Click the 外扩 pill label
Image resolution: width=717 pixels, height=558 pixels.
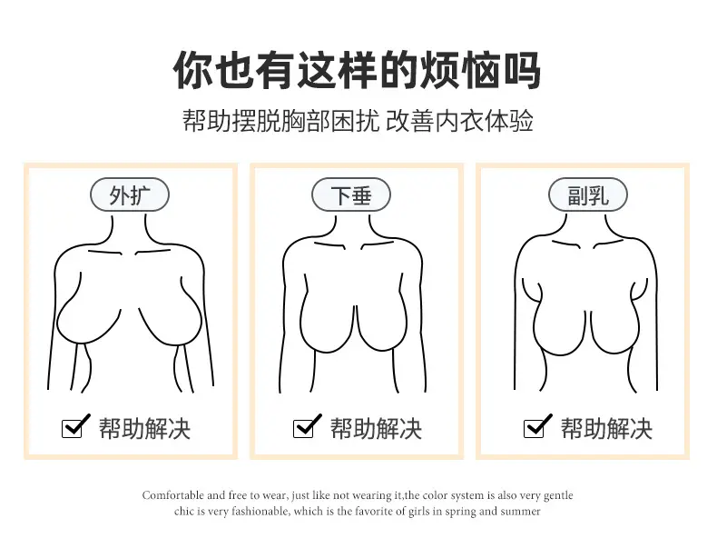[130, 194]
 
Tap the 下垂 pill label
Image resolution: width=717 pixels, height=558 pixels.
[351, 194]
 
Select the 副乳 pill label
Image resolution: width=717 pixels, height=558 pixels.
[588, 194]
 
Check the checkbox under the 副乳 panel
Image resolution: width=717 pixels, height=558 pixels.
[535, 427]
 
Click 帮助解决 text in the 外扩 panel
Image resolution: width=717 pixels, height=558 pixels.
[144, 429]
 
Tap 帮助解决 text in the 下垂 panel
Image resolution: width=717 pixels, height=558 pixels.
[376, 429]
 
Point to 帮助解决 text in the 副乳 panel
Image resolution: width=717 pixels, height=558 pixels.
[606, 429]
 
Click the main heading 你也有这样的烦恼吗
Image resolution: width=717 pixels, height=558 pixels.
[357, 70]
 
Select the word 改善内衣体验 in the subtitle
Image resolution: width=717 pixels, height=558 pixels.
[459, 121]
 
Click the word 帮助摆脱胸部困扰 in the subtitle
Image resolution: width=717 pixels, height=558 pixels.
[280, 121]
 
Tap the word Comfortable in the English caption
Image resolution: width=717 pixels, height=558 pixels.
[173, 495]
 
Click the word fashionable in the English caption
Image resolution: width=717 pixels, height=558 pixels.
[260, 512]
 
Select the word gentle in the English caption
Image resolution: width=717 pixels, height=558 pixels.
[558, 496]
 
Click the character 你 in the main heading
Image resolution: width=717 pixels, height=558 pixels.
[192, 70]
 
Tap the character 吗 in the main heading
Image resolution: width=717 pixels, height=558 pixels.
[522, 70]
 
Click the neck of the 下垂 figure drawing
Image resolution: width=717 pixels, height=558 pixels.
[352, 227]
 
